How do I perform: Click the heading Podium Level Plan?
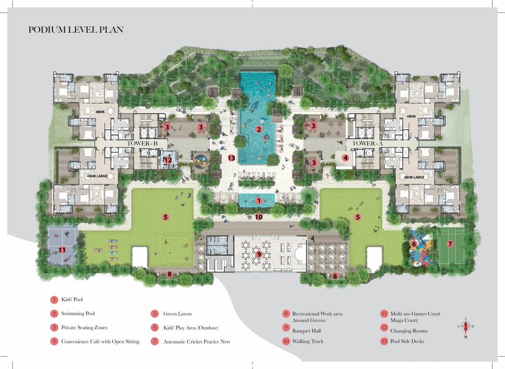[76, 30]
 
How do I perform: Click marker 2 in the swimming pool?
[258, 129]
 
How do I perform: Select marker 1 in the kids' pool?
[258, 200]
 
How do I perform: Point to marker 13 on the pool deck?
[232, 158]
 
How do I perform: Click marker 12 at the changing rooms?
[168, 160]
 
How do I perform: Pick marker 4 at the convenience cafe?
[345, 158]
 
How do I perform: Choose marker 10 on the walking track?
[259, 217]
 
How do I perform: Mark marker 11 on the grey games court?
[62, 249]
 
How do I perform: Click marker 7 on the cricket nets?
[450, 244]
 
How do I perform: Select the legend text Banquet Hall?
[306, 331]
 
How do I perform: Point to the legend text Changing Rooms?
[409, 331]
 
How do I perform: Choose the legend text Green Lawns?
[177, 314]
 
